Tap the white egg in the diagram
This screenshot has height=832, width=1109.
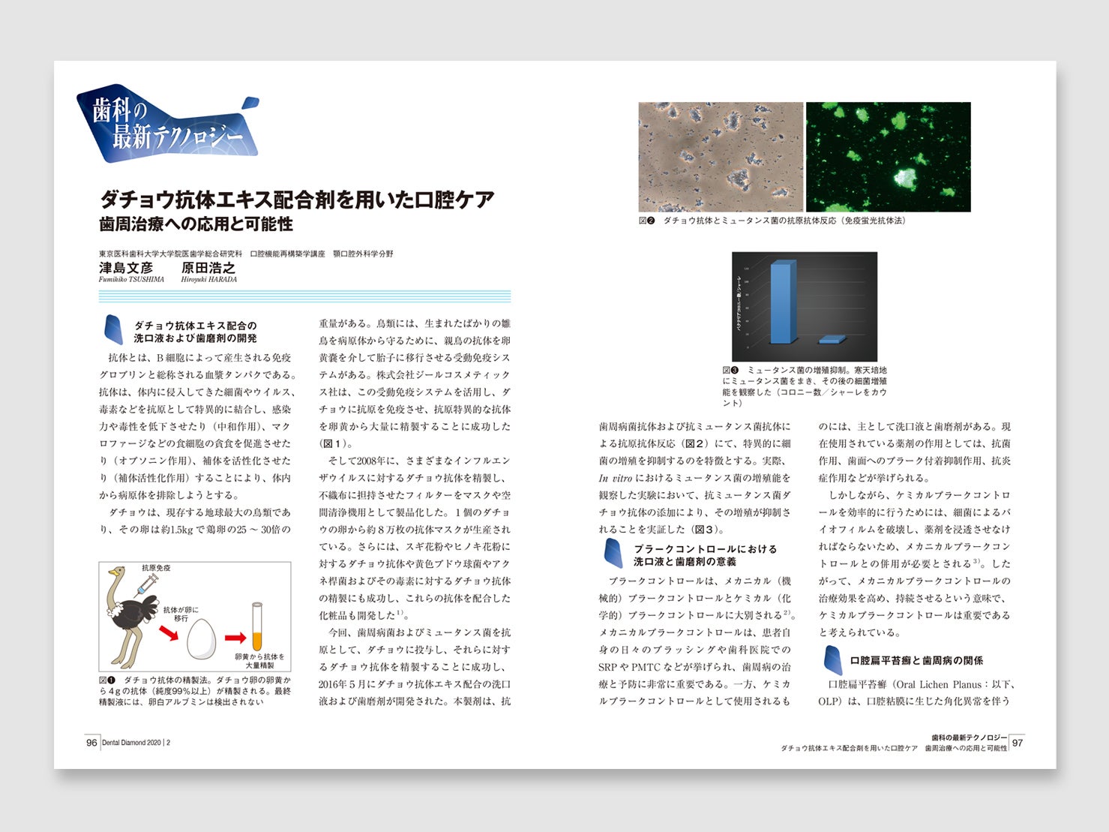pyautogui.click(x=201, y=639)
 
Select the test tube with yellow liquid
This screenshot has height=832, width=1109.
pyautogui.click(x=257, y=626)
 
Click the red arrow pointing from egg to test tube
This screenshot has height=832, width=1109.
pyautogui.click(x=235, y=638)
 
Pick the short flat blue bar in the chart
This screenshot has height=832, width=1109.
pyautogui.click(x=832, y=340)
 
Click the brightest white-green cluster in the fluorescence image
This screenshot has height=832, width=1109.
pyautogui.click(x=907, y=178)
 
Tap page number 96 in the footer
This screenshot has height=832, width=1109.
pyautogui.click(x=91, y=743)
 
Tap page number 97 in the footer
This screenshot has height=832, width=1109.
pyautogui.click(x=1018, y=743)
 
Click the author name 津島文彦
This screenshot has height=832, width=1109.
pyautogui.click(x=126, y=267)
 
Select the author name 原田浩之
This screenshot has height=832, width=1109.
pyautogui.click(x=208, y=267)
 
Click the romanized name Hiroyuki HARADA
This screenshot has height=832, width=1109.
pyautogui.click(x=208, y=280)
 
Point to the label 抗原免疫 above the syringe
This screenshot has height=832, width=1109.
pyautogui.click(x=156, y=568)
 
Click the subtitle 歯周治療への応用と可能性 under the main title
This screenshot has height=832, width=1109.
pyautogui.click(x=196, y=224)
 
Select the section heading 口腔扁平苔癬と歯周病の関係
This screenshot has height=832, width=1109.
pyautogui.click(x=916, y=660)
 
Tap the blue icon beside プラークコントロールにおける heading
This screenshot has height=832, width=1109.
pyautogui.click(x=613, y=554)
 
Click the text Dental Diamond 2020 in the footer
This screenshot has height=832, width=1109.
pyautogui.click(x=132, y=743)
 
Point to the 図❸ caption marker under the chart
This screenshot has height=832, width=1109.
pyautogui.click(x=731, y=370)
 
